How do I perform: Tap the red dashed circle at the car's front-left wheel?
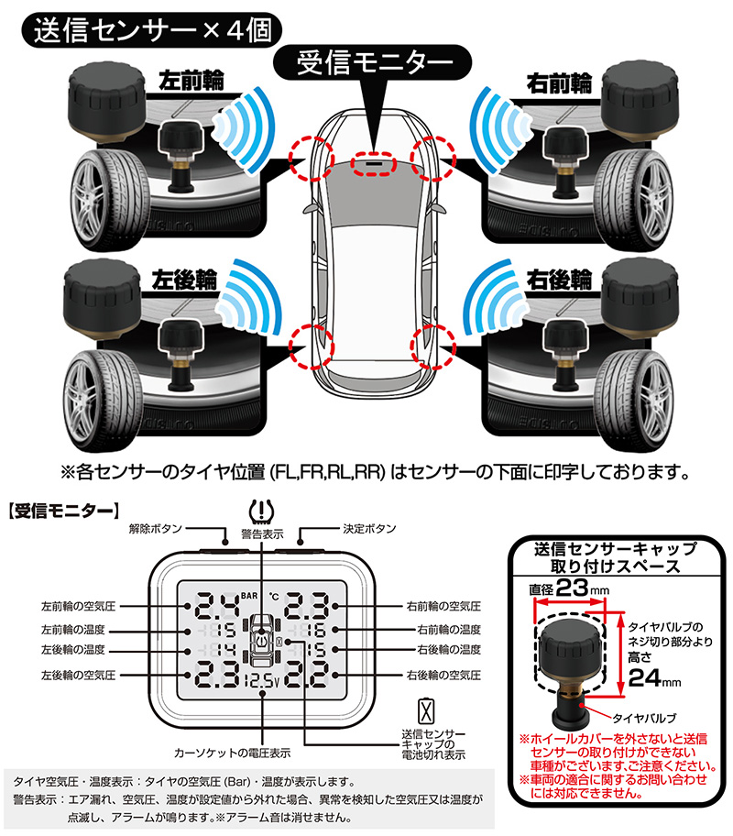tap(310, 157)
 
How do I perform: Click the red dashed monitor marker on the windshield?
tap(373, 164)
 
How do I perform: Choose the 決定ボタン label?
tap(368, 529)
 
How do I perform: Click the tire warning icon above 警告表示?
tap(262, 511)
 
